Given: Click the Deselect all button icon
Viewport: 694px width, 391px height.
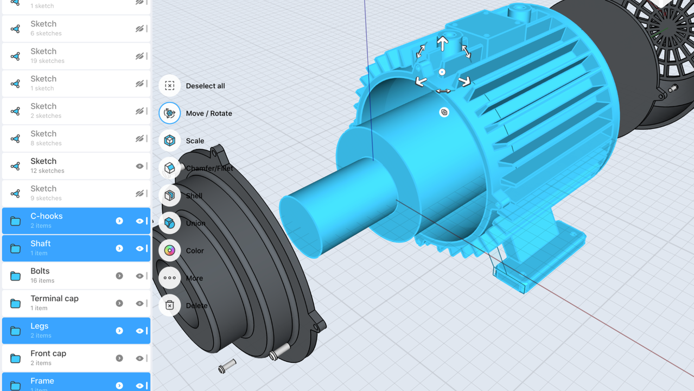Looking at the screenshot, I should coord(169,86).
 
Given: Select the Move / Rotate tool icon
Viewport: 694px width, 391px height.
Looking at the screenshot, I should coord(169,113).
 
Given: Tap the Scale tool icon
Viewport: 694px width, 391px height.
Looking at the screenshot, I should coord(169,141).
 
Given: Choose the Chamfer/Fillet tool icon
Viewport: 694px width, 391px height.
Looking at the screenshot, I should coord(169,168).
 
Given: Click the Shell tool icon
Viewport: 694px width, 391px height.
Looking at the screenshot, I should coord(169,195).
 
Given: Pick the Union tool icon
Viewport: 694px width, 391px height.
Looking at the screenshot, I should coord(169,223).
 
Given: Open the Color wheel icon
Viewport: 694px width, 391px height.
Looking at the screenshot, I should coord(169,250).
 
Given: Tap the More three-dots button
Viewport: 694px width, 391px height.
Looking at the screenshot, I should coord(169,278).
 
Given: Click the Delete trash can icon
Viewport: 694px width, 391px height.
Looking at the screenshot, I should coord(169,305).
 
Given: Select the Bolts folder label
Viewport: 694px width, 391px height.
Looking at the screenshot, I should coord(40,271).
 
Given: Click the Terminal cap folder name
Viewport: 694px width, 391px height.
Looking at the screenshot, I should coord(54,299).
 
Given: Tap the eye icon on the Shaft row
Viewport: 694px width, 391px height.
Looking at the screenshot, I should coord(139,249).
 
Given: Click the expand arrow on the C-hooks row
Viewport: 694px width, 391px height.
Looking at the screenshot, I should coord(119,221).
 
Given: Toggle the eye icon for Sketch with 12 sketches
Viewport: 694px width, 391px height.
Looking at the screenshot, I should coord(139,166).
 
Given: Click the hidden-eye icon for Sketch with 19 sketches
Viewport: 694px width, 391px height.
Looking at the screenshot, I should coord(139,56).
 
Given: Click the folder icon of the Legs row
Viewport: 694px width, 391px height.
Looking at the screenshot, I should coord(16,331).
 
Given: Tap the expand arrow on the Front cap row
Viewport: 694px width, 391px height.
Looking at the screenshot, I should coord(119,358).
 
